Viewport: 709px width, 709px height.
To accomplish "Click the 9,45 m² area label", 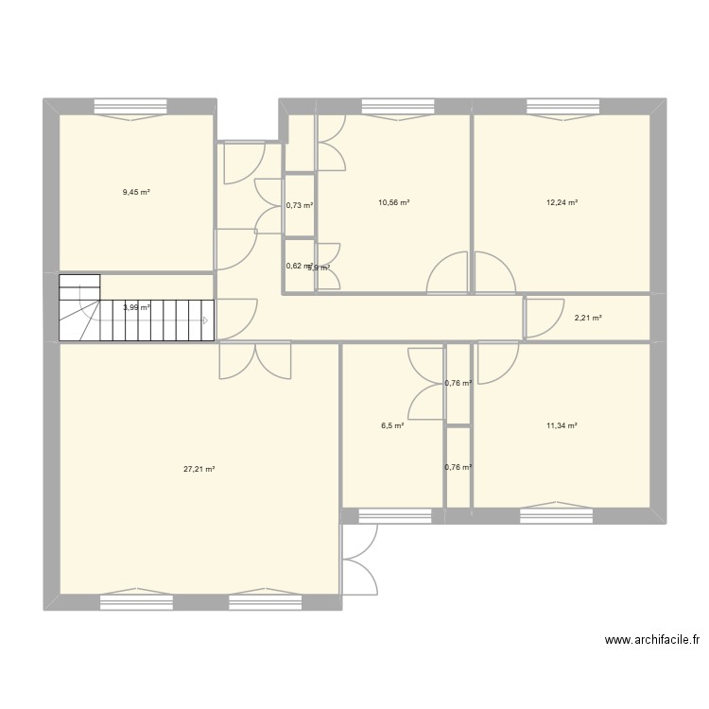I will [x=136, y=192].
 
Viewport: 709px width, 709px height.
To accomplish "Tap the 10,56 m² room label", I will [x=393, y=202].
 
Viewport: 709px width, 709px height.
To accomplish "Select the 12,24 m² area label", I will [x=562, y=202].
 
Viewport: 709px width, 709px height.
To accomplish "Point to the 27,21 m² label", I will [x=199, y=468].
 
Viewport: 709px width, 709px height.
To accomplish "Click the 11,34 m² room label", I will [x=562, y=425].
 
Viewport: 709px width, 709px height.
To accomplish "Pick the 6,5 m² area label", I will [x=392, y=425].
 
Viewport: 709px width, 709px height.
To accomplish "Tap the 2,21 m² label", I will [x=588, y=318].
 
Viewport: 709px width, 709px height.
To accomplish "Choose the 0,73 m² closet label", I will [x=300, y=205].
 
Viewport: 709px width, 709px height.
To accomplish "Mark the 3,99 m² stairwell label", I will [x=136, y=306].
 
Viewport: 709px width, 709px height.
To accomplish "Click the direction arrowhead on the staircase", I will [x=205, y=320].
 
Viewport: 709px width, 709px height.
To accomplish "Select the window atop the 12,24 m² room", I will [x=562, y=106].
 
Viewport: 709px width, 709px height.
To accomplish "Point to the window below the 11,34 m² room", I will [x=557, y=515].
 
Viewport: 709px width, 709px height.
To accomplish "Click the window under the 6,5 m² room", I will [x=392, y=515].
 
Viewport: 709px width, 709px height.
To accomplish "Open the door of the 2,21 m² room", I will [x=540, y=318].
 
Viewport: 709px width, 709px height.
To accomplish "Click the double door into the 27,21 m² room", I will [x=255, y=361].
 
